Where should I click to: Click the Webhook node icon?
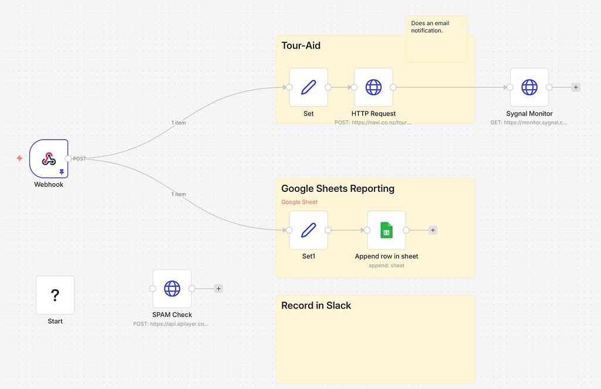pos(49,158)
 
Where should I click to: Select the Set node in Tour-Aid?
pos(308,87)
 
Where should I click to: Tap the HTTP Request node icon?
pos(373,87)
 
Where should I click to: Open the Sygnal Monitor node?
pos(529,87)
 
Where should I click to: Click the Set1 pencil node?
pos(308,230)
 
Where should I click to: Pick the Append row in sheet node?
pos(386,230)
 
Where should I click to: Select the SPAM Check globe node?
pos(172,289)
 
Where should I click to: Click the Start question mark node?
pos(55,295)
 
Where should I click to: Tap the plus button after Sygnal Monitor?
pos(576,87)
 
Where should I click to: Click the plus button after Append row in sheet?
pos(433,230)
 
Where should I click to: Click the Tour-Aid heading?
pos(301,46)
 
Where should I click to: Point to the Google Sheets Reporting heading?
pos(337,189)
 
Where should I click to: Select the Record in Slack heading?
pos(316,306)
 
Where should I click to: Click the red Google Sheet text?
pos(299,202)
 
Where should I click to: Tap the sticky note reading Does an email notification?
pos(436,39)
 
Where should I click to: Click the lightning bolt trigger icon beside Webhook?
pos(19,158)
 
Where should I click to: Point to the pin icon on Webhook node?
pos(62,172)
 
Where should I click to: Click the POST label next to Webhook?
pos(79,159)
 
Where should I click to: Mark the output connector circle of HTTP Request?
pos(393,87)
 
